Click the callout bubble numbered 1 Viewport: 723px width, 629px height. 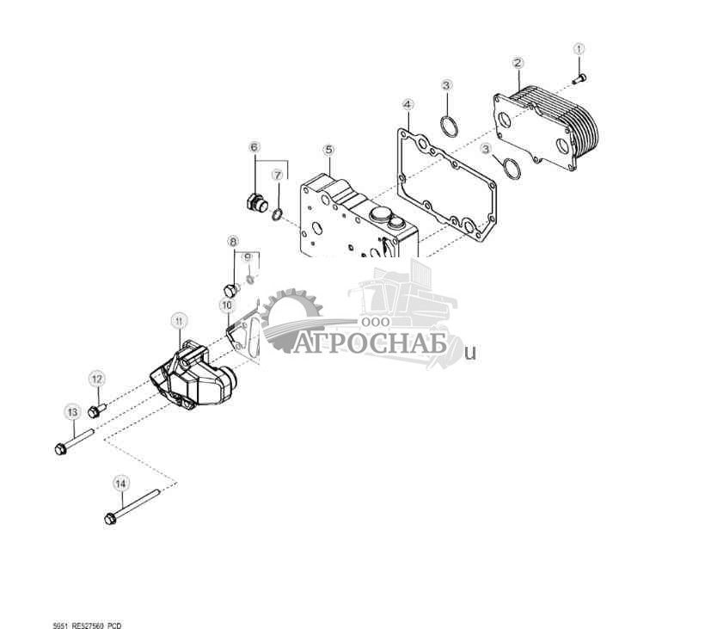(579, 49)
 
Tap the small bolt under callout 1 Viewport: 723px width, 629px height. (579, 79)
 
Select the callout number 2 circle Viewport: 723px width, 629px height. (518, 62)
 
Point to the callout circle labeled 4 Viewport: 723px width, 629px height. (407, 104)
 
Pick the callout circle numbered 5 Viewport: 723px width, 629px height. (328, 150)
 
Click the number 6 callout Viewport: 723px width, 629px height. (254, 147)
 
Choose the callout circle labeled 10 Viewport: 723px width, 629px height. (227, 305)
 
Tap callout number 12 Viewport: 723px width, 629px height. (96, 379)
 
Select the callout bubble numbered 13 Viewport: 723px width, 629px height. (71, 412)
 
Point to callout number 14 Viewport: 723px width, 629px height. (119, 484)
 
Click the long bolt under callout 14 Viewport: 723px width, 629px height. (133, 507)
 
